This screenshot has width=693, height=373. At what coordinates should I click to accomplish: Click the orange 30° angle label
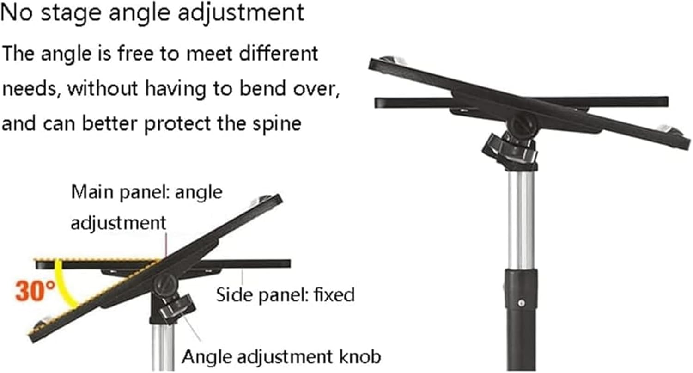click(x=35, y=291)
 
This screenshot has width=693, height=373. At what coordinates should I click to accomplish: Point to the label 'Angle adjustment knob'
click(x=281, y=357)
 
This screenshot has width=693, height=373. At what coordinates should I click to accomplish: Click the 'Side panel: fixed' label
click(x=286, y=294)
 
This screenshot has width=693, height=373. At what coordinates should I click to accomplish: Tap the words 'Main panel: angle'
click(x=146, y=192)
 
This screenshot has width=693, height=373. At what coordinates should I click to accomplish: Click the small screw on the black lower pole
click(x=522, y=303)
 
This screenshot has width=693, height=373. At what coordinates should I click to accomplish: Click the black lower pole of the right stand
click(x=520, y=333)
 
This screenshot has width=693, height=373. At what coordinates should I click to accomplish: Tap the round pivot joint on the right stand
click(x=522, y=124)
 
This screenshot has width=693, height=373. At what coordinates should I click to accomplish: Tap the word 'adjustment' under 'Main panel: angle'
click(x=118, y=223)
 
